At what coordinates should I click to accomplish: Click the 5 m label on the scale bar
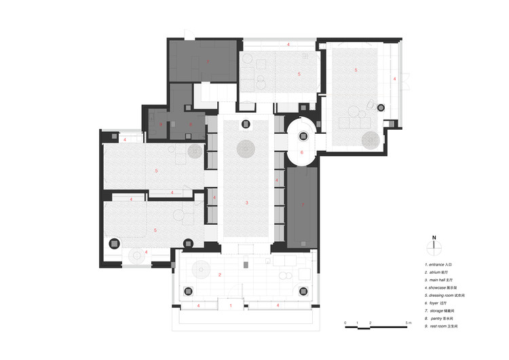[408, 321]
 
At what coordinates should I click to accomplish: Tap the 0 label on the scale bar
[345, 321]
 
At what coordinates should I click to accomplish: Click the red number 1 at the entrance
[231, 306]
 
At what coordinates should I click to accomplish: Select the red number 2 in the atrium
[221, 274]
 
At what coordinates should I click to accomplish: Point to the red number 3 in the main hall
[247, 203]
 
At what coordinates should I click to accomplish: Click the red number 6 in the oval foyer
[302, 153]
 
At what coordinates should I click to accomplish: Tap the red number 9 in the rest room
[161, 124]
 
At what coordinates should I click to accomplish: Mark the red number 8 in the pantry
[191, 124]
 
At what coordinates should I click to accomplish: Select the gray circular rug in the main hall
[246, 149]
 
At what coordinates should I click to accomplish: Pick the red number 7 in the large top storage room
[208, 63]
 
